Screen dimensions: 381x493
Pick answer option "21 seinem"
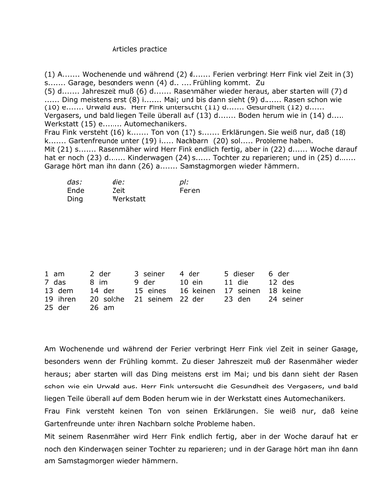(x=153, y=299)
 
